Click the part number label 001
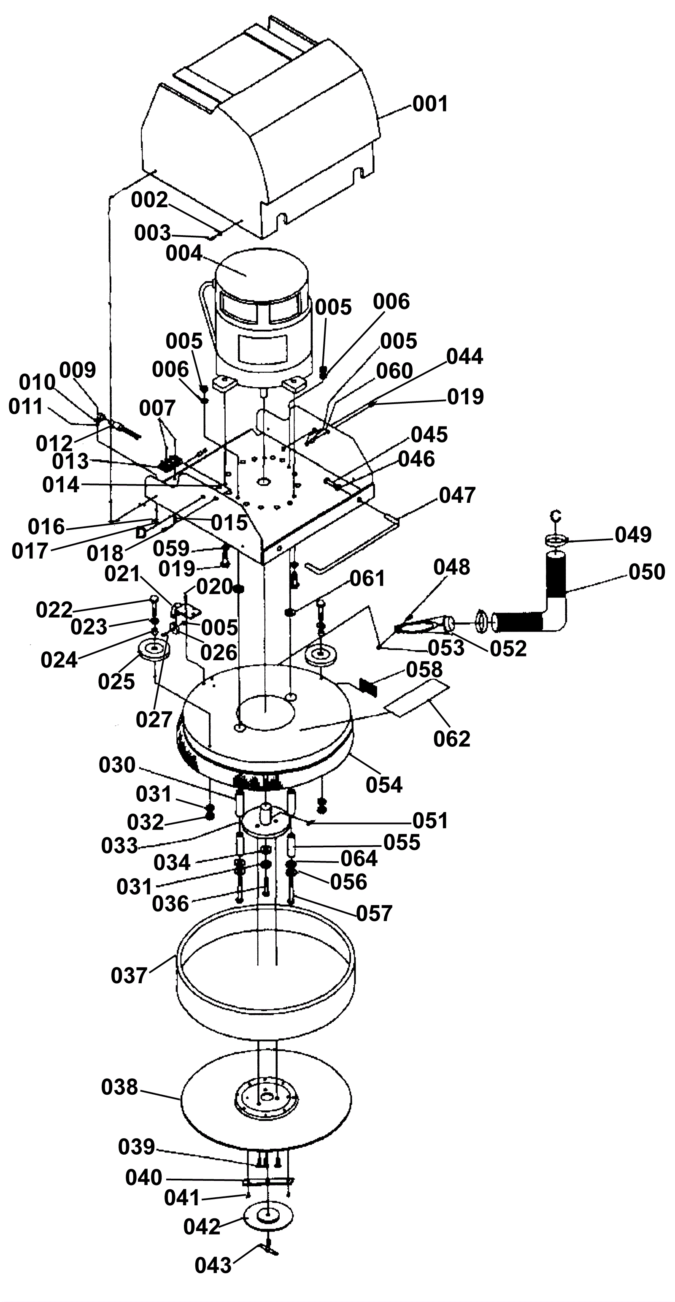coord(430,104)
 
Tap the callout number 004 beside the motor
coord(184,253)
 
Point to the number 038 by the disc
coord(120,1087)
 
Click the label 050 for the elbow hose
coord(647,572)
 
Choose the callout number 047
coord(457,495)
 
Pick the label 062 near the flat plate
coord(452,738)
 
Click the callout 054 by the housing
coord(384,784)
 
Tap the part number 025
coord(116,682)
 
